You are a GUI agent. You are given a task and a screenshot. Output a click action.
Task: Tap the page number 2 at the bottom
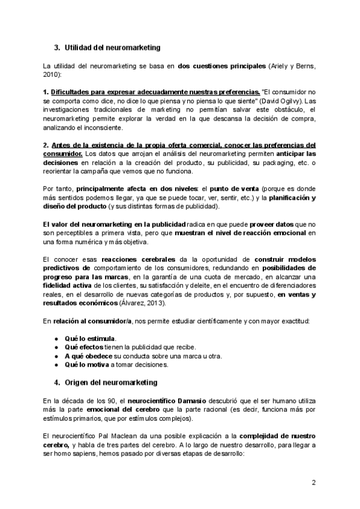[x=313, y=482]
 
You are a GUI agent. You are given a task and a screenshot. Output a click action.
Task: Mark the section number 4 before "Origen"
[x=56, y=382]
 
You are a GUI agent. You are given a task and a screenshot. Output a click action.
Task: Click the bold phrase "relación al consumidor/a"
[x=92, y=321]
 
